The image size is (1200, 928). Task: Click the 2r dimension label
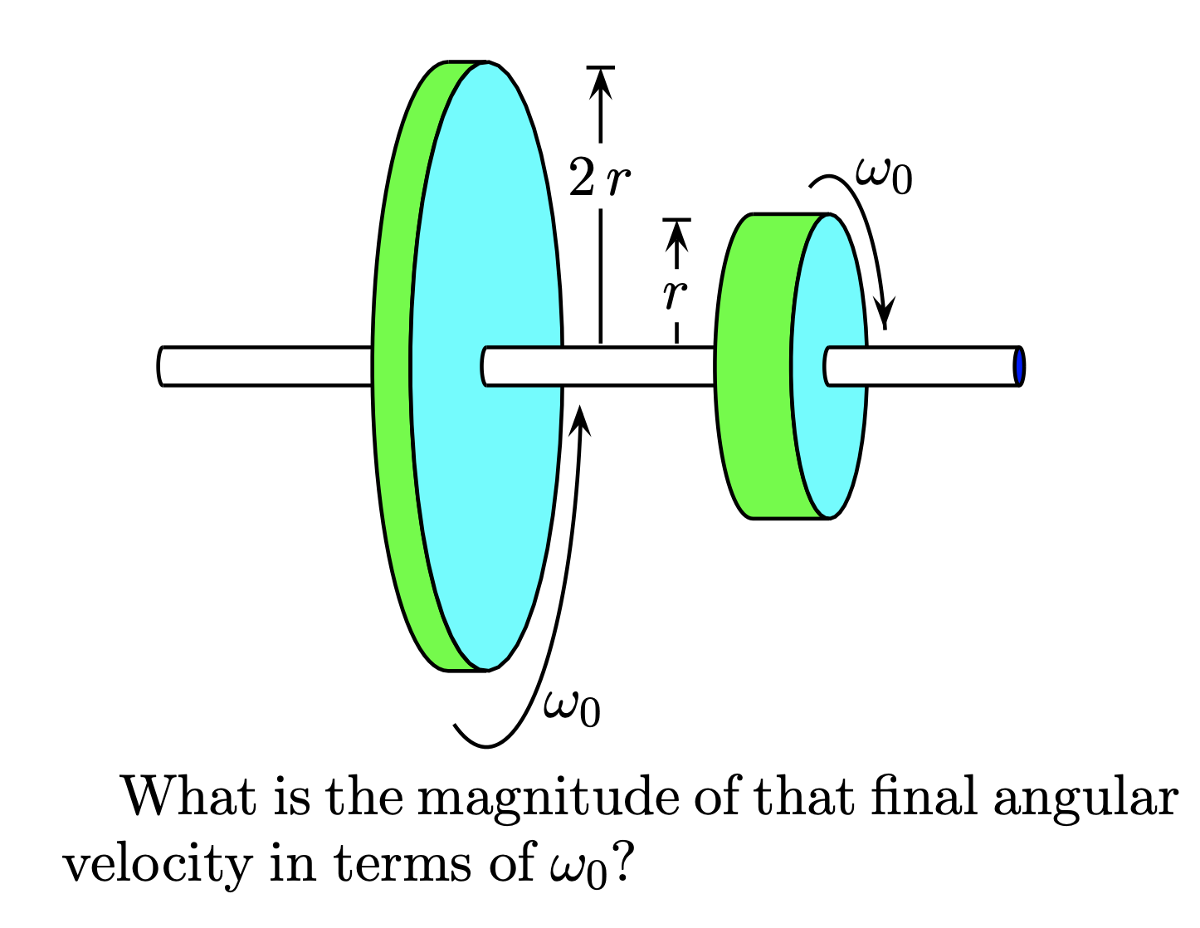tap(599, 178)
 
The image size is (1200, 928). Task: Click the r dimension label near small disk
tap(676, 294)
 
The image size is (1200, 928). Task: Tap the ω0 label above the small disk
tap(884, 175)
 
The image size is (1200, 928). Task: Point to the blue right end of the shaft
tap(1019, 366)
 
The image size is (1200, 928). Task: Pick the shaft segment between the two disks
tap(639, 366)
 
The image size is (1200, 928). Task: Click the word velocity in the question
tap(157, 865)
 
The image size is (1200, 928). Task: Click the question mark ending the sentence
tap(624, 865)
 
